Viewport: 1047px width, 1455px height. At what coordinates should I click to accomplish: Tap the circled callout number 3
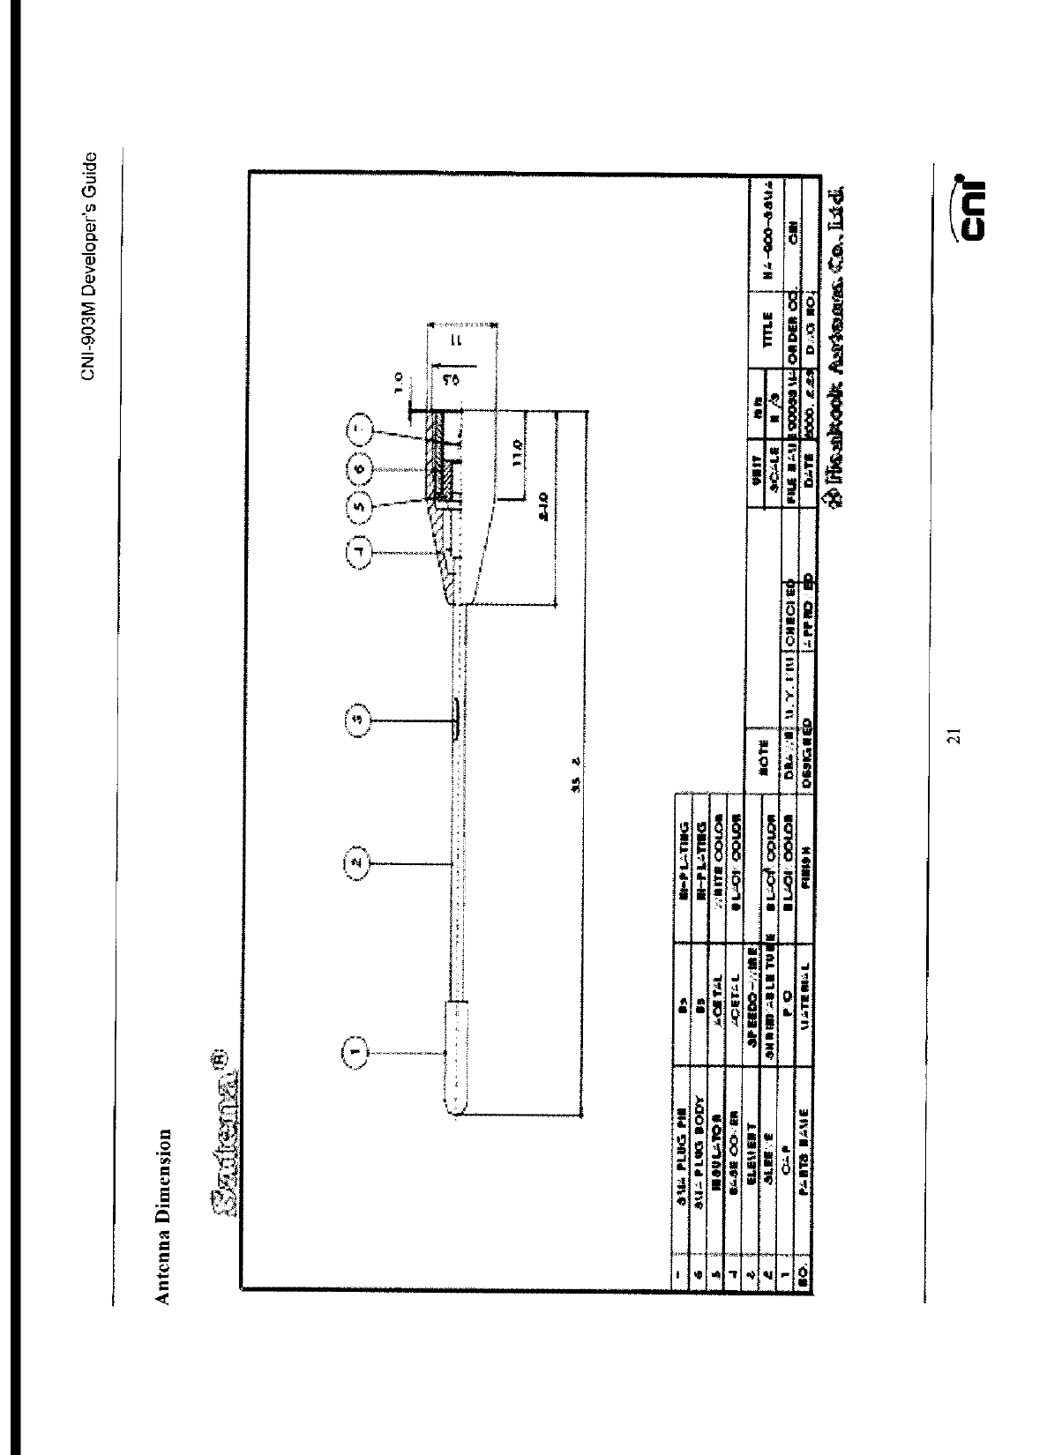(355, 720)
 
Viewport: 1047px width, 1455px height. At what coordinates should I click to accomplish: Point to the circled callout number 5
(359, 507)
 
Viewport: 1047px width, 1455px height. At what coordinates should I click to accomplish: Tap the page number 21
(953, 736)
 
